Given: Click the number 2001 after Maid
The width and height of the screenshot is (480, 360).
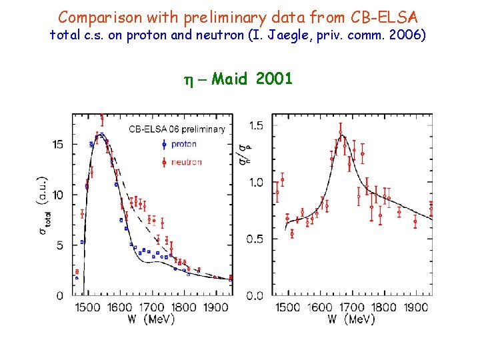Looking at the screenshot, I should pyautogui.click(x=273, y=79).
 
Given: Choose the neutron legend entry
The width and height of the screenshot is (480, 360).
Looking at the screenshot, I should pyautogui.click(x=186, y=162).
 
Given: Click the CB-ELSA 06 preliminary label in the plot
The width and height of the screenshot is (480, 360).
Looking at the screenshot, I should pyautogui.click(x=177, y=129).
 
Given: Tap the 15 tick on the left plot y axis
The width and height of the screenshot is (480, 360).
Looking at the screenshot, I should pyautogui.click(x=59, y=144).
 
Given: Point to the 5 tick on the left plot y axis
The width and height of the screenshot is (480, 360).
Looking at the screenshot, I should pyautogui.click(x=61, y=245).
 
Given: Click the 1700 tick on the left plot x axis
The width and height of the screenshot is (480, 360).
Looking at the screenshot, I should pyautogui.click(x=151, y=308).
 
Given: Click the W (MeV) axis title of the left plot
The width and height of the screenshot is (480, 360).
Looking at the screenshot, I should pyautogui.click(x=151, y=319).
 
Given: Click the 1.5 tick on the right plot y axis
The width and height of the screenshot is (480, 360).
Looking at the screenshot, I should pyautogui.click(x=255, y=126).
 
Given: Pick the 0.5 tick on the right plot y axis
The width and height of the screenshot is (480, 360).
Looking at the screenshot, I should pyautogui.click(x=255, y=239).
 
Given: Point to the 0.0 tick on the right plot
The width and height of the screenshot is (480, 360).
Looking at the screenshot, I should pyautogui.click(x=255, y=295).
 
